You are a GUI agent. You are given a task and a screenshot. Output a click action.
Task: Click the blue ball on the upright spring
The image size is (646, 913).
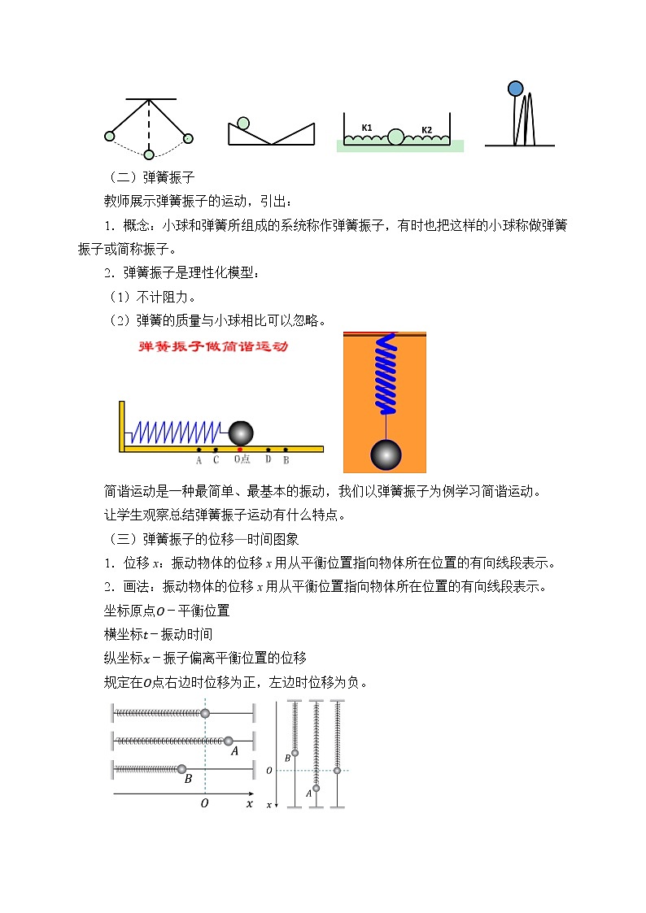[515, 88]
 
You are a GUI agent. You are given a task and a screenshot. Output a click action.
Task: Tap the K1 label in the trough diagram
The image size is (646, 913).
[367, 128]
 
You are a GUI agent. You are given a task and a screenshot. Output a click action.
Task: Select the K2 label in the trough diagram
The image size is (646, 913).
[426, 129]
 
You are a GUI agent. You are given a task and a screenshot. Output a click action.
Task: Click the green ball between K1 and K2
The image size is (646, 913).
[395, 136]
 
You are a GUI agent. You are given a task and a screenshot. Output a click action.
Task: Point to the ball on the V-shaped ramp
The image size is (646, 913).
[242, 123]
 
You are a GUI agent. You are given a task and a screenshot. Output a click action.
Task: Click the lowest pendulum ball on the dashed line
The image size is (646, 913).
[149, 154]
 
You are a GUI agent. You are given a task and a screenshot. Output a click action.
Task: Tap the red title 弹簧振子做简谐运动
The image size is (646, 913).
[213, 347]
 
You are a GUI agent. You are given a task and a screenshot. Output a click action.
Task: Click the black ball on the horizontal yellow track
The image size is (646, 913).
[241, 433]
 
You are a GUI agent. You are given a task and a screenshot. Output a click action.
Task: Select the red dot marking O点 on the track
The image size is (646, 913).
[240, 449]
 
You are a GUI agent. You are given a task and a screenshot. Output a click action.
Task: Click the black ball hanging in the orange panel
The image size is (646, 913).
[386, 454]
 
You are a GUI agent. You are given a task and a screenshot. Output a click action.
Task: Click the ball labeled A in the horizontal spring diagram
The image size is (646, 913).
[229, 741]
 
